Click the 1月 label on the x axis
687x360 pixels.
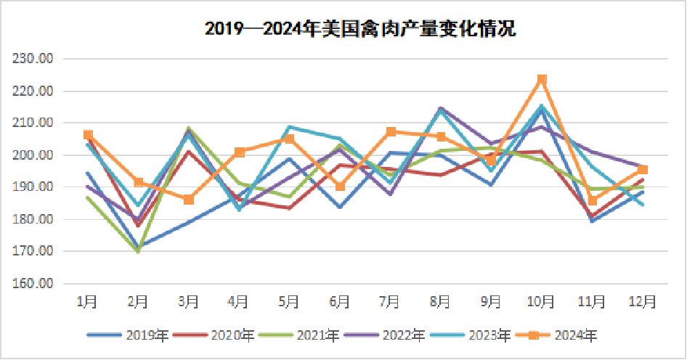pos(88,300)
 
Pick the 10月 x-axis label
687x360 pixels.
pos(541,300)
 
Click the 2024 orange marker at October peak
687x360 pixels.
pos(542,79)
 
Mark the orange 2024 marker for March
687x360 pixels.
pos(189,200)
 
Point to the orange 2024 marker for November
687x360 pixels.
pos(592,201)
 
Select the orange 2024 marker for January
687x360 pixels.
pos(88,135)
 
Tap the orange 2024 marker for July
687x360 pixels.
pos(391,132)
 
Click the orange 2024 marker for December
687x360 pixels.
pos(643,170)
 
